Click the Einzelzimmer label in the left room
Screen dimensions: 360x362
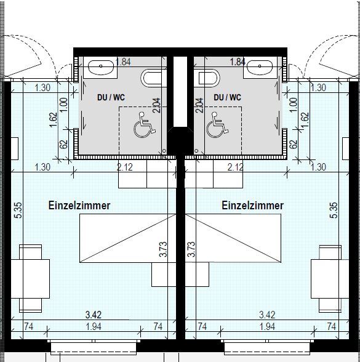coord(79,205)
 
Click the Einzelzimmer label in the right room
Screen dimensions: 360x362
coord(252,205)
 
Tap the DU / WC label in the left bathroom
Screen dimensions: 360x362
coord(111,97)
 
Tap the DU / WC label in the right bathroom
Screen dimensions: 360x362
coord(227,97)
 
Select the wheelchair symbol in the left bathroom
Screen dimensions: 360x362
coord(144,124)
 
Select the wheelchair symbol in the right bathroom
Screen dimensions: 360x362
coord(217,124)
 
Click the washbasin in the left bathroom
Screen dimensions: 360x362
coord(101,68)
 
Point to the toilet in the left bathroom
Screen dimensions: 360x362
coord(154,78)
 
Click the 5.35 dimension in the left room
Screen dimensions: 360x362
coord(18,210)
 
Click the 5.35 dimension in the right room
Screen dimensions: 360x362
coord(334,210)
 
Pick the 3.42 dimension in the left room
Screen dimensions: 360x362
coord(94,315)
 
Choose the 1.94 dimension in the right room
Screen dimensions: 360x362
coord(267,326)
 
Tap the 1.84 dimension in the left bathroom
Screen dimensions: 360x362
coord(123,62)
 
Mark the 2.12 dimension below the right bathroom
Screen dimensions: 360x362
coord(235,167)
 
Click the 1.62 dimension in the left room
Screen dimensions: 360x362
coord(53,119)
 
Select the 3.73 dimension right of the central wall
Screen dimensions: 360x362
coord(191,249)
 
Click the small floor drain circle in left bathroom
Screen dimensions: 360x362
coord(164,151)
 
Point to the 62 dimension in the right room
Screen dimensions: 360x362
coord(294,144)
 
